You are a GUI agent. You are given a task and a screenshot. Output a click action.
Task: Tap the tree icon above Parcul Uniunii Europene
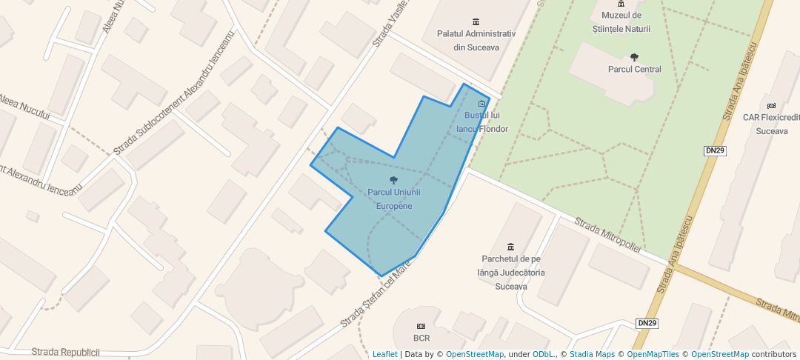point(393,180)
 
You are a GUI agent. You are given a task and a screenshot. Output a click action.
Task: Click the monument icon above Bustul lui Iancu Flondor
point(482,104)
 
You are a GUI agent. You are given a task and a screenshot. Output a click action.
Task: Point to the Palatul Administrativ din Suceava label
point(476,41)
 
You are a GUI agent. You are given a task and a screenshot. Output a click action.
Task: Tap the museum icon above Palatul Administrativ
point(476,21)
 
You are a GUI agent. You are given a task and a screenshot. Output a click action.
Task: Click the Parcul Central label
point(634,70)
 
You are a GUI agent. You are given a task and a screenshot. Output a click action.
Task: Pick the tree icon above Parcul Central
point(634,56)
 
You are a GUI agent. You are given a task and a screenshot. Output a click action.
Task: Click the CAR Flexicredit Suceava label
point(772,124)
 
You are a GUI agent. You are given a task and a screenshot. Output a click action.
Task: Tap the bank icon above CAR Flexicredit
point(772,105)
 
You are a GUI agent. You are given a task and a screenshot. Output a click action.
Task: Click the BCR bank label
point(421,339)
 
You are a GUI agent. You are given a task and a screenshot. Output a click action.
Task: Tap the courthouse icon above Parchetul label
point(510,247)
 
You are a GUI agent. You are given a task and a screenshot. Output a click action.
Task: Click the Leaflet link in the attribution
point(384,354)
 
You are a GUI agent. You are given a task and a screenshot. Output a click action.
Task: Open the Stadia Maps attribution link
point(591,354)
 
